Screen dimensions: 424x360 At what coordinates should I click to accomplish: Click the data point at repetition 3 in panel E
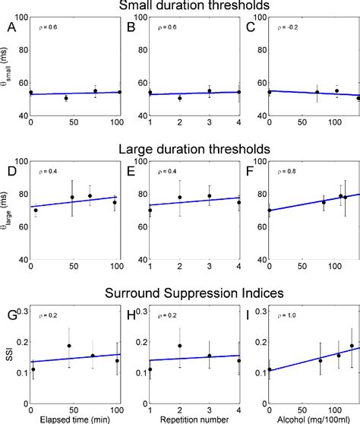pyautogui.click(x=210, y=196)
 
